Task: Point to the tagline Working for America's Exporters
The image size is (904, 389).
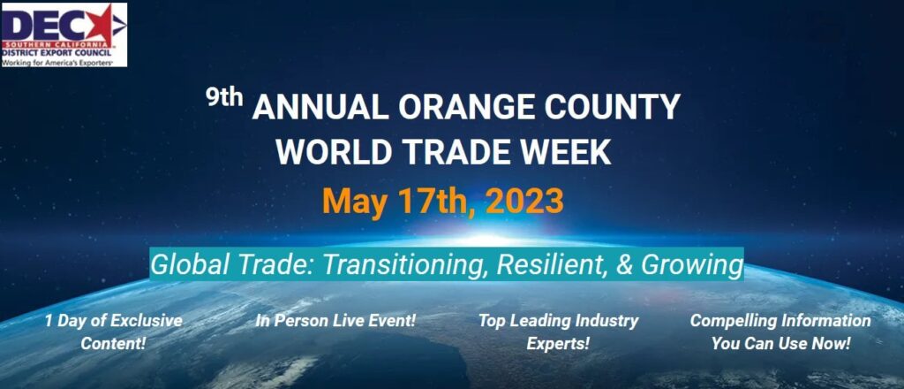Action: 56,63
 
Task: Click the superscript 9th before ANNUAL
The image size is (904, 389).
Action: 225,98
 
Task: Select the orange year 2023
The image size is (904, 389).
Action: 524,202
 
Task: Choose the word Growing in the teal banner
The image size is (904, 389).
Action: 692,266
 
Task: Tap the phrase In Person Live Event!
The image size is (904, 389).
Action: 335,321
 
